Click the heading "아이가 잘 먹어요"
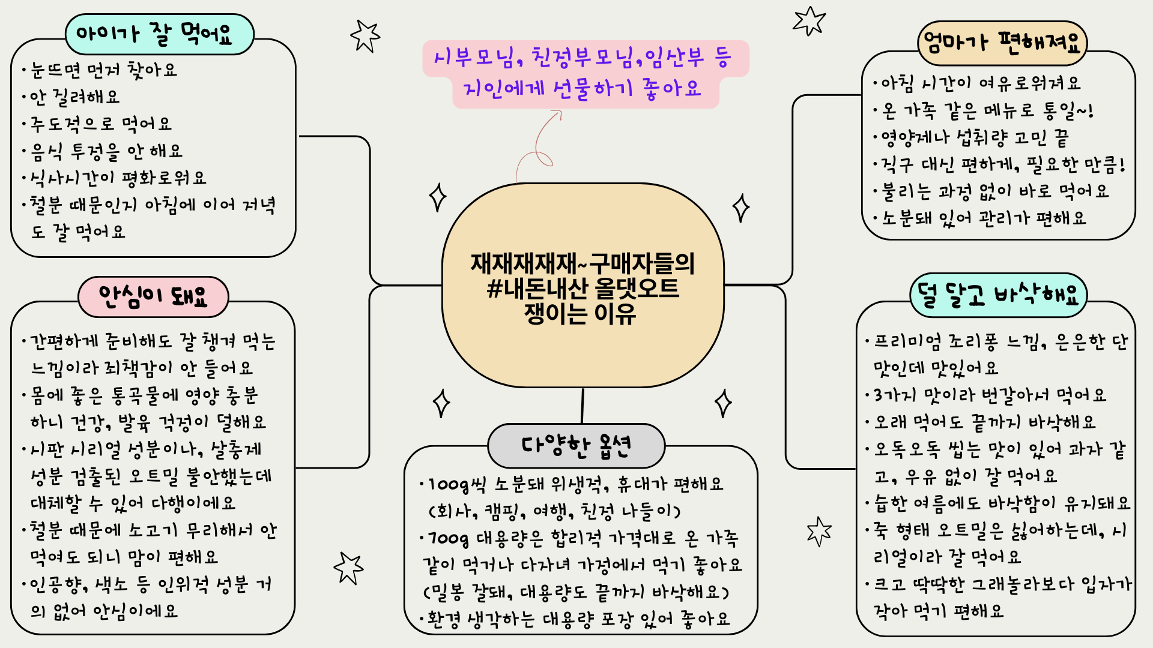click(159, 35)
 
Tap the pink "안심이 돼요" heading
click(153, 296)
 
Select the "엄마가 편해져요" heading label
click(1002, 43)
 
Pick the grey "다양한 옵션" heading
click(576, 446)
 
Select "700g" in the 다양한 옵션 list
click(449, 538)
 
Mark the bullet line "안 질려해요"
click(74, 97)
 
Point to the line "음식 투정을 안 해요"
click(106, 151)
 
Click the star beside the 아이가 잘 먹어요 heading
click(365, 35)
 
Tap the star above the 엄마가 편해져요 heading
click(810, 21)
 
